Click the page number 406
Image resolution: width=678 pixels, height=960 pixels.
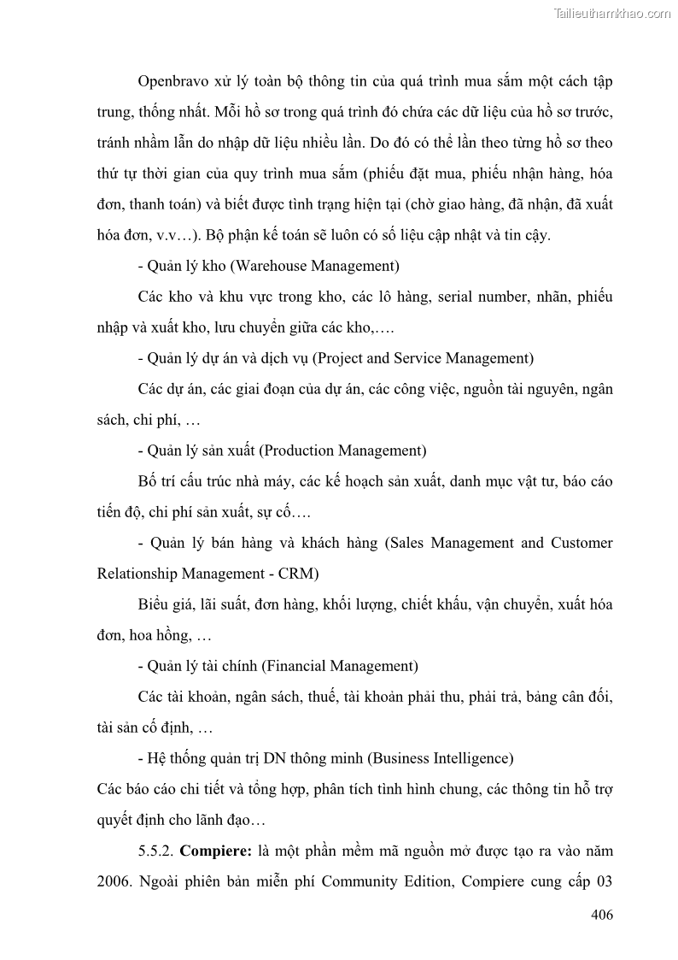601,915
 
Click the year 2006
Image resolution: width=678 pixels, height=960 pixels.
114,882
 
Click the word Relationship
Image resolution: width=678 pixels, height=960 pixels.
140,573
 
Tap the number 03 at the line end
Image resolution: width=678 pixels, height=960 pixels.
603,882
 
